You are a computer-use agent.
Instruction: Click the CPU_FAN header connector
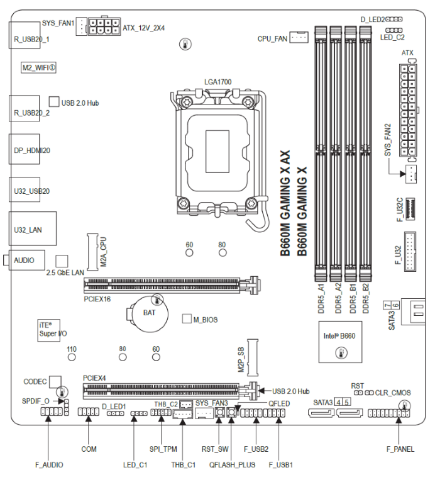[x=299, y=37]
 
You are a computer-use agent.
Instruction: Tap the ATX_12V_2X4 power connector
[x=104, y=26]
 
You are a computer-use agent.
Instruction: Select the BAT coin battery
[x=148, y=314]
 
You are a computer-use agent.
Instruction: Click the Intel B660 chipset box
[x=340, y=342]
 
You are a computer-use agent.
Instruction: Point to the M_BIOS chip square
[x=187, y=318]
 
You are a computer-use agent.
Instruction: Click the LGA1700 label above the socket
[x=217, y=82]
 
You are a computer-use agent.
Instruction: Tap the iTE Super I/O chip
[x=48, y=330]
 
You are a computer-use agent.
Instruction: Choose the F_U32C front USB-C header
[x=410, y=209]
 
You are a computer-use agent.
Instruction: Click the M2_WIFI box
[x=38, y=67]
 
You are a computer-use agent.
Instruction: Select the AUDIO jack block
[x=26, y=260]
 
